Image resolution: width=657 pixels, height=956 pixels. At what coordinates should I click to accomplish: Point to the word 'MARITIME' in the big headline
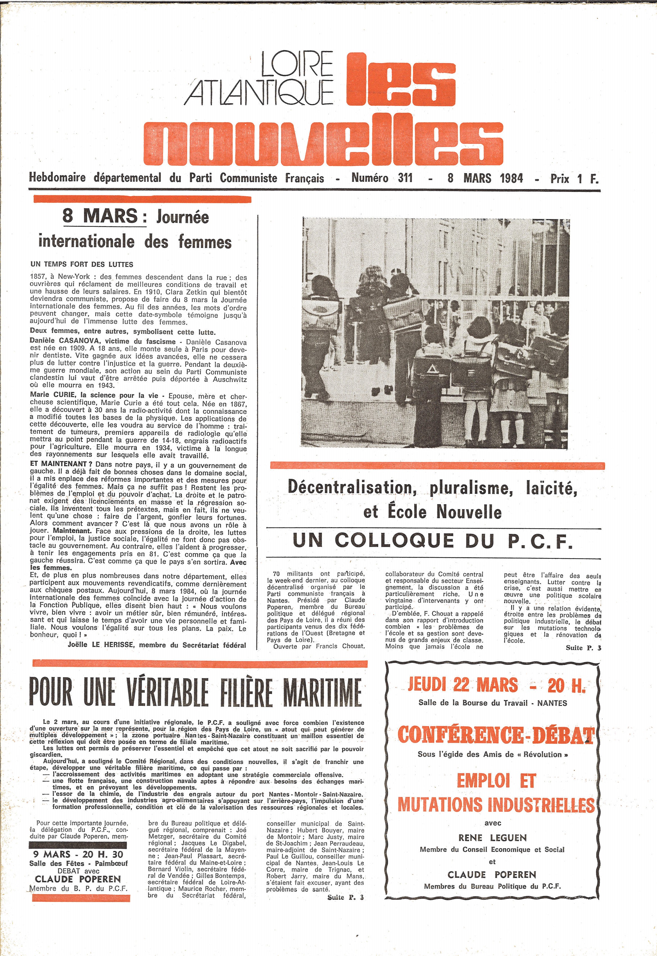(x=321, y=693)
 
